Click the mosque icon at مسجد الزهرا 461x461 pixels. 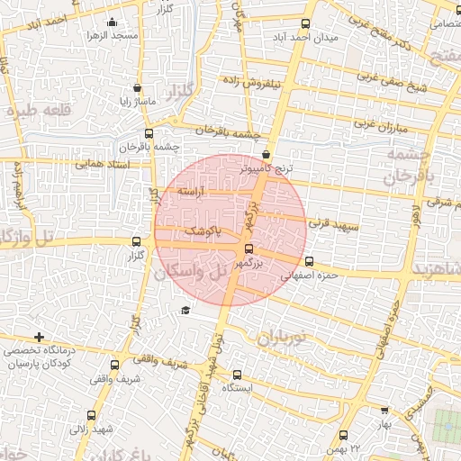(112, 22)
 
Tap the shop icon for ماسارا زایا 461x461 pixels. (137, 88)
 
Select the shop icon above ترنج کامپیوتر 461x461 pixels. (267, 155)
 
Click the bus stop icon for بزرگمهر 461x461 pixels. (249, 250)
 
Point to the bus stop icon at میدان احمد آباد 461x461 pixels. (306, 24)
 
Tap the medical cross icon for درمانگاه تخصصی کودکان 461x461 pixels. (39, 337)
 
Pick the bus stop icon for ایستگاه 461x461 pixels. (237, 374)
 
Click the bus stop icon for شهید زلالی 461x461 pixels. (91, 416)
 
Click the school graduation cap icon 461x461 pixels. (185, 311)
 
